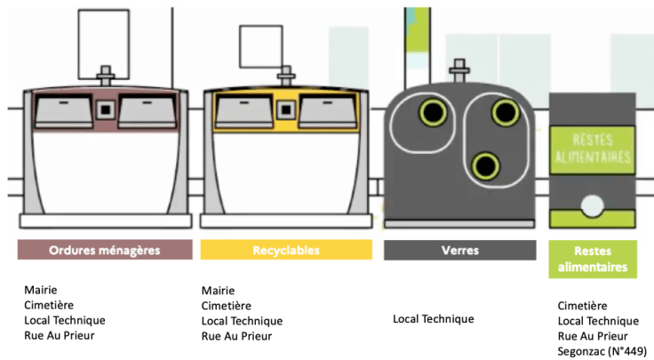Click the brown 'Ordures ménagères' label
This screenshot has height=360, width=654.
pyautogui.click(x=105, y=250)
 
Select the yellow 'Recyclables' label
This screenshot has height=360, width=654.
pyautogui.click(x=285, y=250)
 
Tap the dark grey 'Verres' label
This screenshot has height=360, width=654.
pyautogui.click(x=459, y=250)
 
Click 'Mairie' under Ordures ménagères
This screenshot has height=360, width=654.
pyautogui.click(x=41, y=290)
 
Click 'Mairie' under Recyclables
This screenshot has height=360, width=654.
pyautogui.click(x=219, y=290)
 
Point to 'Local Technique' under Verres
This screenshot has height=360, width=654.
pyautogui.click(x=434, y=318)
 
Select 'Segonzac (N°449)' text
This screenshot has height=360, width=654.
pyautogui.click(x=602, y=351)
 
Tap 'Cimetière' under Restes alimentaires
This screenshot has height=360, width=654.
pyautogui.click(x=583, y=305)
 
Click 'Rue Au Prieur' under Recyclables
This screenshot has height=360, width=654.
pyautogui.click(x=236, y=335)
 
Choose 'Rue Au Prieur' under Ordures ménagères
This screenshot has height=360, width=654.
pyautogui.click(x=59, y=335)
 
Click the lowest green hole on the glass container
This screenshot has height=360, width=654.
pyautogui.click(x=484, y=164)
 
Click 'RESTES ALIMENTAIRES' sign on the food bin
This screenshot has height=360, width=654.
pyautogui.click(x=593, y=150)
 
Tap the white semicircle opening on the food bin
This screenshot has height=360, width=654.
pyautogui.click(x=593, y=208)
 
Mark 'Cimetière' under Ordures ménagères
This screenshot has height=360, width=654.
pyautogui.click(x=50, y=305)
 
